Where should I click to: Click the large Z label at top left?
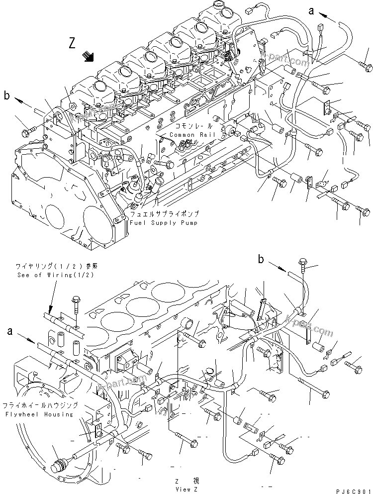pos(73,43)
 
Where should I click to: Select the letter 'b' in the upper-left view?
pos(7,95)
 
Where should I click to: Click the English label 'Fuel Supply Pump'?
pos(165,223)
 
